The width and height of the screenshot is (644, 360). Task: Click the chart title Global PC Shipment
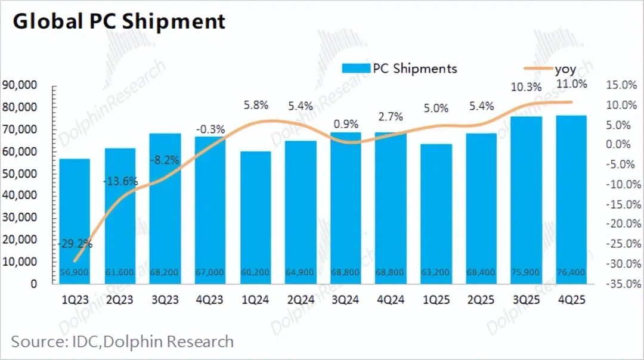tap(119, 21)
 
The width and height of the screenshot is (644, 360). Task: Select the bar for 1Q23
tap(75, 221)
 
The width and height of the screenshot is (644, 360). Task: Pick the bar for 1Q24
tap(255, 218)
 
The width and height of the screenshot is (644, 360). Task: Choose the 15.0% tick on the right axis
tap(621, 85)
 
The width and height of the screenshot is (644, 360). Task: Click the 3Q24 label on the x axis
tap(345, 301)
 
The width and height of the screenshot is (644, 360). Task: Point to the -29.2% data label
tap(75, 243)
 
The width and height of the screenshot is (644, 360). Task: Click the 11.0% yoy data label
tap(571, 83)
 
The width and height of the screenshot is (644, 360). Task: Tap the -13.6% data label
tap(120, 181)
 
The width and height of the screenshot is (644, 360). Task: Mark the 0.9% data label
tap(346, 124)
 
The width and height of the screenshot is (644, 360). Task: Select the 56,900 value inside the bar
tap(75, 272)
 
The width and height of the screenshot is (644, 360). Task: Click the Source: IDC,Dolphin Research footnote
tap(122, 342)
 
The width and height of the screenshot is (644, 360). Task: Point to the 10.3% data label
tap(527, 87)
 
